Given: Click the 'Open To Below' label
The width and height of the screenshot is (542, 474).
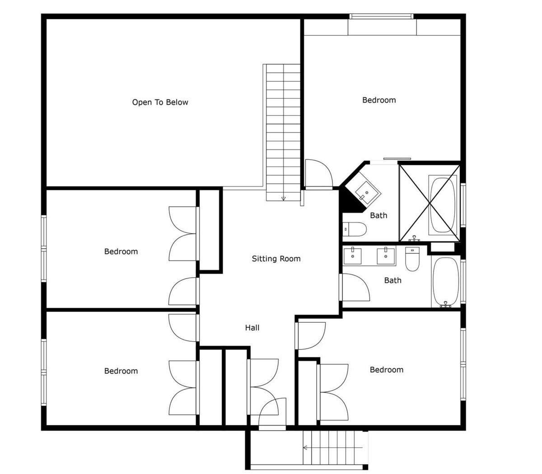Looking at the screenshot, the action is click(160, 102).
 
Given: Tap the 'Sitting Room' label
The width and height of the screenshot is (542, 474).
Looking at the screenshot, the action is click(276, 259).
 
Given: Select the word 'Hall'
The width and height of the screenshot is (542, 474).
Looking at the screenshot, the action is click(252, 328).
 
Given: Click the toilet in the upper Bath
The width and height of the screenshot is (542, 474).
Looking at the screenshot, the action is click(355, 229).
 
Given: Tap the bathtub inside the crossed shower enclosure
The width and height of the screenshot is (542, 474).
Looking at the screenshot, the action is click(443, 205).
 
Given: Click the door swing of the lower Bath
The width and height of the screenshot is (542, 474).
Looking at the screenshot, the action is click(355, 287).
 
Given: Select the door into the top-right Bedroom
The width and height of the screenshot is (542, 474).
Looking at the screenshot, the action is click(319, 174).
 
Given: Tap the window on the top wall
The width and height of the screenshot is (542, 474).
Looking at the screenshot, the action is click(381, 16).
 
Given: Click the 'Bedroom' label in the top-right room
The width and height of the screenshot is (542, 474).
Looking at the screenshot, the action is click(379, 100).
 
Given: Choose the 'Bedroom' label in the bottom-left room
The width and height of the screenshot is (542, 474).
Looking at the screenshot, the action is click(121, 371).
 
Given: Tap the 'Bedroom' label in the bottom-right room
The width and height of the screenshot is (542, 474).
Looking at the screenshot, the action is click(387, 370).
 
